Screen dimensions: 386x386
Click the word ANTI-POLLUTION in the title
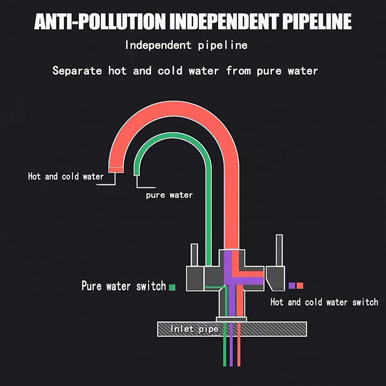click(98, 22)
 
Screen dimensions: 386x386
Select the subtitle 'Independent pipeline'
click(186, 45)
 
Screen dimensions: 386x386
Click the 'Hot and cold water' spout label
click(65, 176)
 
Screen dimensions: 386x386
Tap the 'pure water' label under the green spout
click(169, 195)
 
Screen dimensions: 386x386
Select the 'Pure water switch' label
click(123, 286)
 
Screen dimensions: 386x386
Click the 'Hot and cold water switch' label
click(324, 302)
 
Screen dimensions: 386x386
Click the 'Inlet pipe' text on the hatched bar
click(195, 329)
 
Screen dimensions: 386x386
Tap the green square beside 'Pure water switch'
click(172, 287)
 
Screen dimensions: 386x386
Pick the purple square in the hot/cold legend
click(292, 286)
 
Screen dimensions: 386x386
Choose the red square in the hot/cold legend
click(300, 286)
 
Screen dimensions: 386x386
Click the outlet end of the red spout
click(116, 169)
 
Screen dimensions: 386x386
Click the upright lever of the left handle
click(194, 255)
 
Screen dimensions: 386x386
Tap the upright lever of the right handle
click(279, 250)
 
